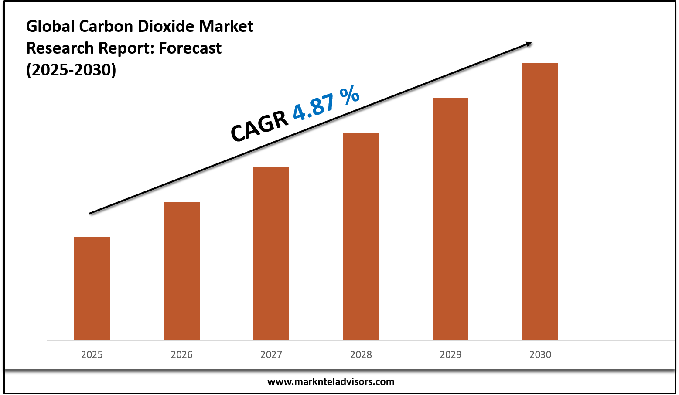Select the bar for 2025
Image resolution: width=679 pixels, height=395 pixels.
pos(92,288)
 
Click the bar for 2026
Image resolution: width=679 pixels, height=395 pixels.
pos(181,271)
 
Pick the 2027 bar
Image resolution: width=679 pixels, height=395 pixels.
pos(271,254)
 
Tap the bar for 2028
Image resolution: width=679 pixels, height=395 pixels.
pos(361,236)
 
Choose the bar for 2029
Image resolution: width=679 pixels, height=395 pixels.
pos(450,219)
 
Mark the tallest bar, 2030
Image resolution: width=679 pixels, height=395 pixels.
pos(540,201)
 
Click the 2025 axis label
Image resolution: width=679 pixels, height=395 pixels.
pos(92,354)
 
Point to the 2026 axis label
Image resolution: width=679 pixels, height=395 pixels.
pos(181,354)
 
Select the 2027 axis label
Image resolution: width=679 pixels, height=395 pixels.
pos(271,354)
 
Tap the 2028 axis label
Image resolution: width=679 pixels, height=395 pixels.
pos(361,354)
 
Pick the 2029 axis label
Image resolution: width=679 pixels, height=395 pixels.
pos(450,354)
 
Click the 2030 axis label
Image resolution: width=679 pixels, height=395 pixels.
pos(540,354)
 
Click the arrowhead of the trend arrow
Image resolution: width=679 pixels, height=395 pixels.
pos(528,43)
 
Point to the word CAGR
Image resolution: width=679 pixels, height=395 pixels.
pos(259,126)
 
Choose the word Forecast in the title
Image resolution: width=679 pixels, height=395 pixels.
pos(190,48)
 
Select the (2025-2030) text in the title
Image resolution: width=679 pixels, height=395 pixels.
pos(71,70)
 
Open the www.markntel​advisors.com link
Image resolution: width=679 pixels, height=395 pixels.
pos(331,382)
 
